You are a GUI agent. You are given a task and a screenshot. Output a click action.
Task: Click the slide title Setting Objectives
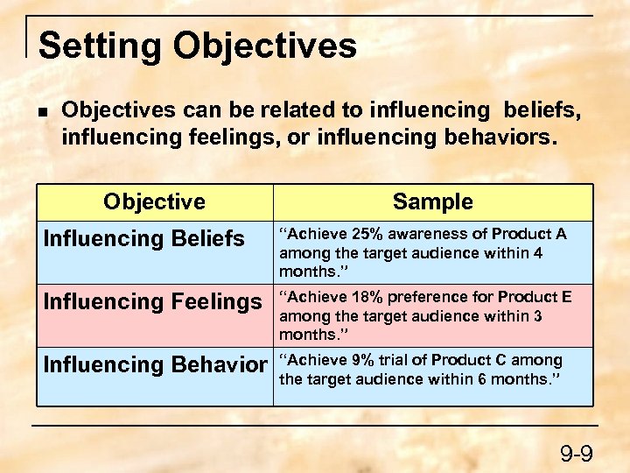[198, 46]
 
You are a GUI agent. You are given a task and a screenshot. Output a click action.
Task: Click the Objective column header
[154, 201]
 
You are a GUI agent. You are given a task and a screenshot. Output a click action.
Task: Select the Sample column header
[432, 201]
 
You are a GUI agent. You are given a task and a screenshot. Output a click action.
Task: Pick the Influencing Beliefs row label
[144, 238]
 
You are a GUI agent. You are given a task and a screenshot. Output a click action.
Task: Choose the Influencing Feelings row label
[153, 302]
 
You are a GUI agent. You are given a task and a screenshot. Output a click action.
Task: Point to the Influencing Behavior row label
[155, 364]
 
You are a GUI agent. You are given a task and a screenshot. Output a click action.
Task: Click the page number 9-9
[577, 454]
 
